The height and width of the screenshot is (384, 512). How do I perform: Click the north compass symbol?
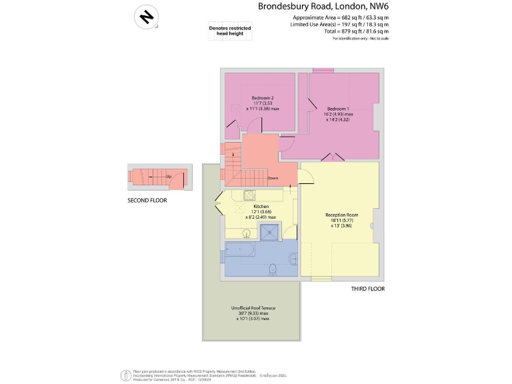pyautogui.click(x=146, y=16)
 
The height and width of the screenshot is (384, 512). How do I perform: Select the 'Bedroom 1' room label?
pyautogui.click(x=339, y=109)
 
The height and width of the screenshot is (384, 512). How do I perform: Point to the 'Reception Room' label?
pyautogui.click(x=342, y=215)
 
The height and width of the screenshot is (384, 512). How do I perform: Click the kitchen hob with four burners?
pyautogui.click(x=250, y=195)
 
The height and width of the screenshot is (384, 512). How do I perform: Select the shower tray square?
pyautogui.click(x=269, y=232)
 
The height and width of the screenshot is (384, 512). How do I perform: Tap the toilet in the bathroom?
pyautogui.click(x=272, y=269)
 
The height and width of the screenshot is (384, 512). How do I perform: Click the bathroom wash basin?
pyautogui.click(x=293, y=258)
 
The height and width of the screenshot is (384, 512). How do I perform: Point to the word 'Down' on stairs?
pyautogui.click(x=273, y=178)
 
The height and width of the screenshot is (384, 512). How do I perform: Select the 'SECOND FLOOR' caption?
pyautogui.click(x=147, y=200)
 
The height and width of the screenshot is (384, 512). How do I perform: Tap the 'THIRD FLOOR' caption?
pyautogui.click(x=368, y=289)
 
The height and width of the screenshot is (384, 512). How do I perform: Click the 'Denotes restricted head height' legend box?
pyautogui.click(x=230, y=31)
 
